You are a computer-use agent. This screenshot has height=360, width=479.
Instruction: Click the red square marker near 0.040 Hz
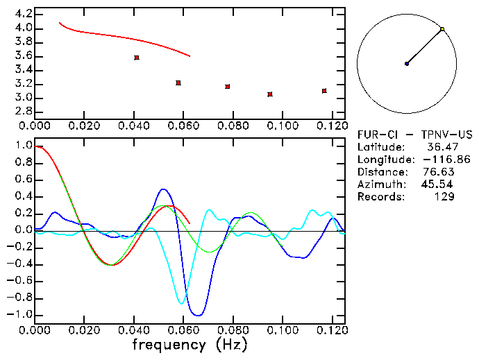(x=137, y=58)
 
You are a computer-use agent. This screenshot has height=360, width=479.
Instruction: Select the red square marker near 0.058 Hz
(x=178, y=83)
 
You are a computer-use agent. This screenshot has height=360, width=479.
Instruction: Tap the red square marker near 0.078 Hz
(x=227, y=87)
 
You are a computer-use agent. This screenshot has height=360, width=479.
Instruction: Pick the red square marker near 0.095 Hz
(x=270, y=94)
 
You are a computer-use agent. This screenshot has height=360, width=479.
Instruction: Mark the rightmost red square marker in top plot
(x=324, y=91)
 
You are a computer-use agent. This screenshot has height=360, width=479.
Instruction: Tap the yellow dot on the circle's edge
(x=442, y=29)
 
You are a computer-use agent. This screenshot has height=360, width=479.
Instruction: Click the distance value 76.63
(x=438, y=172)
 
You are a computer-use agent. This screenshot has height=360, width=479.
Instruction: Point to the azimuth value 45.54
(x=438, y=185)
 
